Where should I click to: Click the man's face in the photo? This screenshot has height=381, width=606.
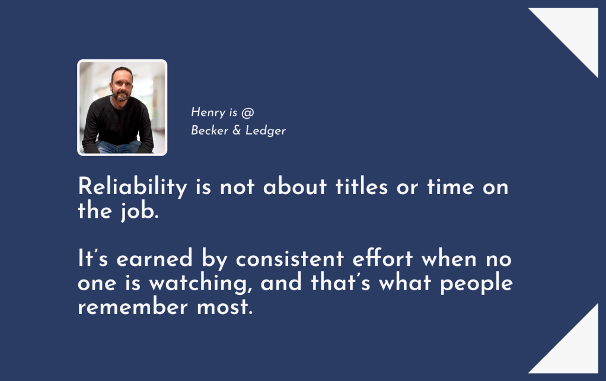tap(121, 85)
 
